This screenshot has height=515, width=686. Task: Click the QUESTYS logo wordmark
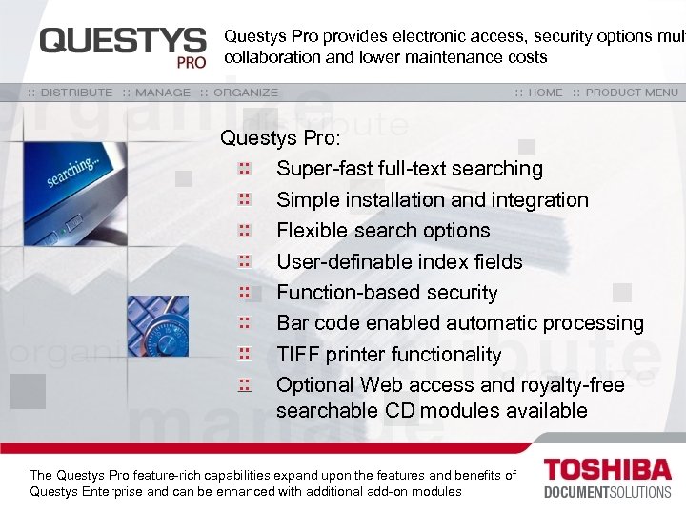pos(122,40)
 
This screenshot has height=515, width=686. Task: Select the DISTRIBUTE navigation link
pos(71,93)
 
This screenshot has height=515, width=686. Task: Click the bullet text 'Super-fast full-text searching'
pos(410,169)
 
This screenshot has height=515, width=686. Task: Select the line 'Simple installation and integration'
pos(433,200)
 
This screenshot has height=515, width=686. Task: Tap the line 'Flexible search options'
pos(383,231)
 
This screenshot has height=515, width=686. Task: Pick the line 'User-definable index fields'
pos(399,261)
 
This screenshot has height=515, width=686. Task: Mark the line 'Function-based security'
pos(387,293)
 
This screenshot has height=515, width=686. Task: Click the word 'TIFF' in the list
pos(298,355)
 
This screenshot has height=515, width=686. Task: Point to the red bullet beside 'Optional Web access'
pos(244,384)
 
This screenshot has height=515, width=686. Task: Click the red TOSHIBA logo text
pos(607,470)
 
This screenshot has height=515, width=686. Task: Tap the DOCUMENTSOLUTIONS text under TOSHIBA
pos(607,492)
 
